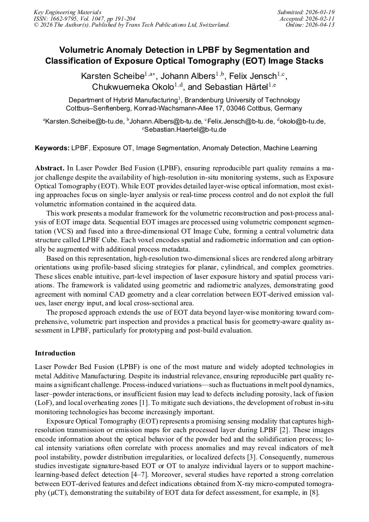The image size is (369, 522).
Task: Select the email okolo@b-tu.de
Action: click(x=303, y=121)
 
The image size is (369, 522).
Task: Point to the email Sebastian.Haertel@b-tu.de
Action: click(x=186, y=130)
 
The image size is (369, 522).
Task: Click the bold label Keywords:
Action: click(x=53, y=148)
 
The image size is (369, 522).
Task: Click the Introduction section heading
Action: click(x=56, y=353)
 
